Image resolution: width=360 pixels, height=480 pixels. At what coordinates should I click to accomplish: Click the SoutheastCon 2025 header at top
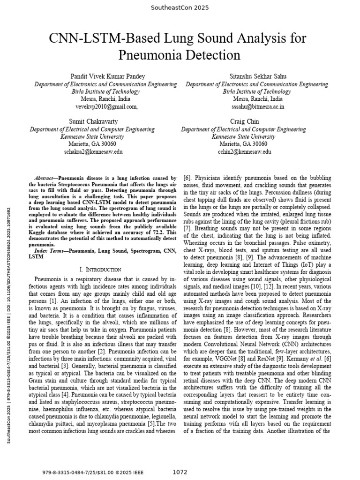[180, 7]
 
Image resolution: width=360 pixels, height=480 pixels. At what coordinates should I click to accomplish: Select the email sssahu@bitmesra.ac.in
[257, 106]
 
